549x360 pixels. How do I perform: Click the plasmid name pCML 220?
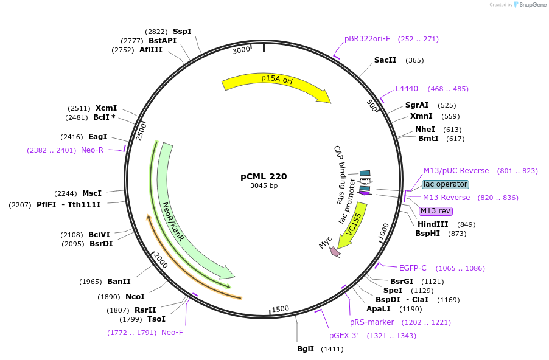264,176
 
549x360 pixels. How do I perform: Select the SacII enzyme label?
385,60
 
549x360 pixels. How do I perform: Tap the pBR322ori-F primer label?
367,39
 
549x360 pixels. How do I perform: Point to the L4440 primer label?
407,89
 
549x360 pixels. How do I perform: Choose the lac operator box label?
446,184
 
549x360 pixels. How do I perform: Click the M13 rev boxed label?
436,211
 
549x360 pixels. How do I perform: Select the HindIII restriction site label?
433,224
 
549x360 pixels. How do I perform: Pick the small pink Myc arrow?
334,251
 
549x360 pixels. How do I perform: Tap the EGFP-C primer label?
413,268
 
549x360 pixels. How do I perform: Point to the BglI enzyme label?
306,349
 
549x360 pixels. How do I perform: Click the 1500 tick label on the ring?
280,309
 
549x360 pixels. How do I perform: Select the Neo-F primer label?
172,333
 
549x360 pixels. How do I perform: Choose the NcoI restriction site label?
135,297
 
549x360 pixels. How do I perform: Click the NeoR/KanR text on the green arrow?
173,223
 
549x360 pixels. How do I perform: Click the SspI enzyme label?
182,32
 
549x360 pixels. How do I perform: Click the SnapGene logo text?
532,5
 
